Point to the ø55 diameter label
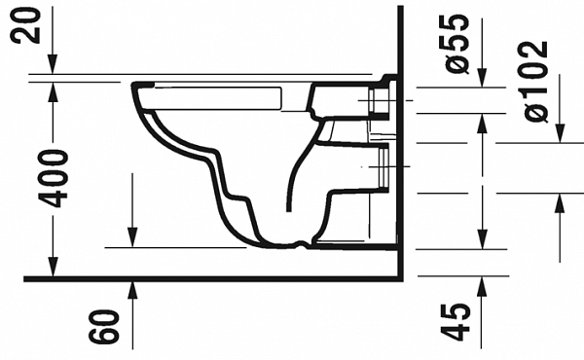(459, 45)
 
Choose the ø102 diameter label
(534, 81)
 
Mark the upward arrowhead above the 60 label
(132, 289)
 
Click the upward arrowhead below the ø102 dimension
(559, 202)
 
